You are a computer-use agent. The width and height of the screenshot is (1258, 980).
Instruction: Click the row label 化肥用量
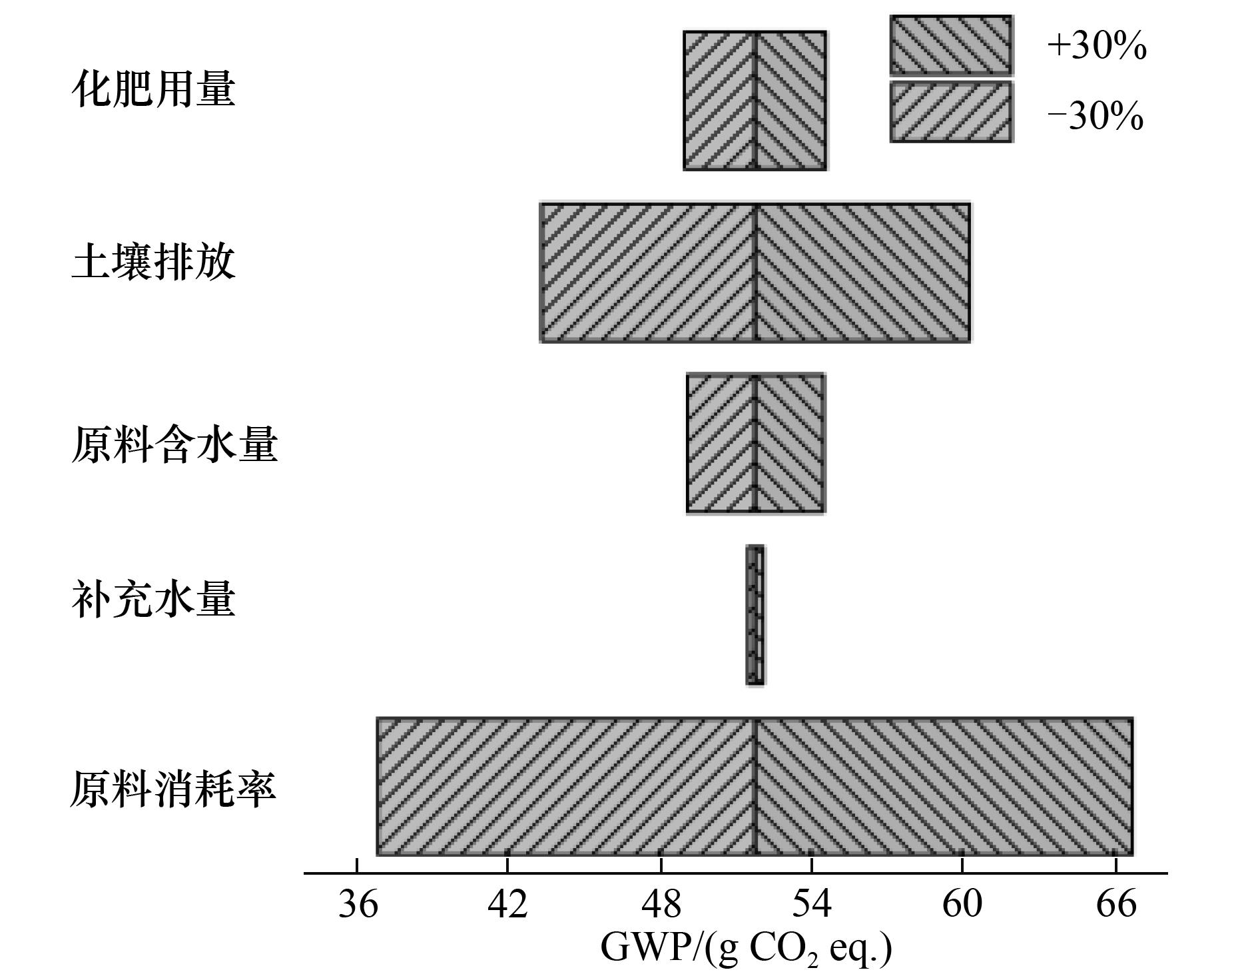tap(153, 89)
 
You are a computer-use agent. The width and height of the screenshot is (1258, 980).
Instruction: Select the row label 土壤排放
tap(153, 261)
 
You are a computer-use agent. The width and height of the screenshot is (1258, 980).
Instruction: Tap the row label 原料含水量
tap(174, 444)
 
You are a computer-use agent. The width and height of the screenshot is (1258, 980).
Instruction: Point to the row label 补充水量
tap(153, 598)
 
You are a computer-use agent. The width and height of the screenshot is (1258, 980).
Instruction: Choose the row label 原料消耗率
tap(173, 789)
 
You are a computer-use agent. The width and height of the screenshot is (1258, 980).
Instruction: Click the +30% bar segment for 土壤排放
tap(863, 272)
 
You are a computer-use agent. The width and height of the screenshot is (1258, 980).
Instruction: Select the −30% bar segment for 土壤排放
tap(648, 272)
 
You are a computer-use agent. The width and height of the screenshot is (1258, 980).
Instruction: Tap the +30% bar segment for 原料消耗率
tap(944, 786)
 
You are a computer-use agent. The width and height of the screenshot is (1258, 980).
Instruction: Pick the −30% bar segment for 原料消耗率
tap(566, 786)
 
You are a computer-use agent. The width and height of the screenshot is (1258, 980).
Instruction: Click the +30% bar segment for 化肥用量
tap(791, 101)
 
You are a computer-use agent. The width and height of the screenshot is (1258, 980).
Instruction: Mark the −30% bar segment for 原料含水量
tap(721, 444)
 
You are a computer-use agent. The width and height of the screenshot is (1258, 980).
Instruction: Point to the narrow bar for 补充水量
tap(755, 615)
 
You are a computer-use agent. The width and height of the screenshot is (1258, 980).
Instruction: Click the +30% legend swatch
tap(952, 45)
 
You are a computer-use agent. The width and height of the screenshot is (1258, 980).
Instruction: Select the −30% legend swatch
tap(952, 112)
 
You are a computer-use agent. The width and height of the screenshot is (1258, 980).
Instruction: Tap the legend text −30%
tap(1096, 116)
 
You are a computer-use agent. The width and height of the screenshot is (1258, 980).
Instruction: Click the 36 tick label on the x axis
tap(358, 905)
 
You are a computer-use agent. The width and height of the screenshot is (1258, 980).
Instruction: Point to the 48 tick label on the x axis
tap(661, 905)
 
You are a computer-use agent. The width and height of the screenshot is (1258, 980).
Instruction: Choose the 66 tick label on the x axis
tap(1116, 905)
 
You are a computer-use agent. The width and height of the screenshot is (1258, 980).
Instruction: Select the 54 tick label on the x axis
tap(812, 905)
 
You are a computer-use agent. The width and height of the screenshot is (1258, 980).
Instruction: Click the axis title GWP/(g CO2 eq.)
tap(746, 949)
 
